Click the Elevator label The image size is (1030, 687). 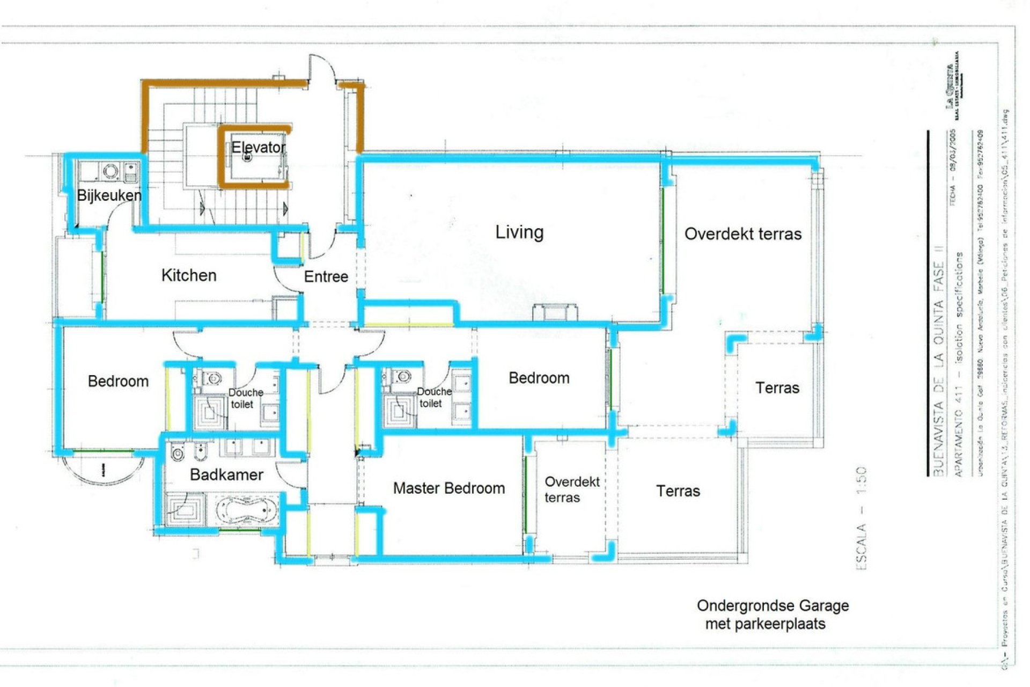point(258,147)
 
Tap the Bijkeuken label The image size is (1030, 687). point(109,195)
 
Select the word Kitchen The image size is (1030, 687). point(189,275)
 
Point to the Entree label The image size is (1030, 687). point(326,277)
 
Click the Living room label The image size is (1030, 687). point(519,232)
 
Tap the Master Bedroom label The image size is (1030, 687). point(448,488)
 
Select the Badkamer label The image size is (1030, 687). point(226,475)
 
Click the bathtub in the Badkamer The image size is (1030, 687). point(247,509)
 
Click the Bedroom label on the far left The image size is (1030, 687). point(118,382)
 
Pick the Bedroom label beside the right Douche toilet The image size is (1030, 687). point(539,378)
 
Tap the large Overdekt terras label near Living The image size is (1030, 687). point(742,234)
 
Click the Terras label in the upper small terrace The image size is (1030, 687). point(777,388)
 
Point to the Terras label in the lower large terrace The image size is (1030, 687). point(678,491)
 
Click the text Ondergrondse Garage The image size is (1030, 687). point(772,606)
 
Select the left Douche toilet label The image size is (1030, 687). point(245,398)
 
